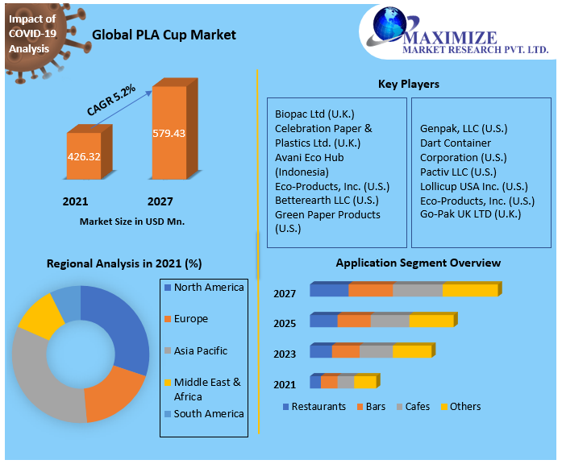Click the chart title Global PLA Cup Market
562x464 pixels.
(x=164, y=35)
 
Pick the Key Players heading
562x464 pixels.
(x=408, y=84)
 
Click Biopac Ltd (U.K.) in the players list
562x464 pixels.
(x=314, y=114)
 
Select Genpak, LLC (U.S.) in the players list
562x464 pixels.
(x=464, y=128)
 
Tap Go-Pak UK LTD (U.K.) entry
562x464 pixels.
(x=470, y=214)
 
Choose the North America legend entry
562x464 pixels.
(x=208, y=288)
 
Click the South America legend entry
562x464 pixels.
(x=208, y=413)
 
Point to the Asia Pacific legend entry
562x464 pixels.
(x=200, y=350)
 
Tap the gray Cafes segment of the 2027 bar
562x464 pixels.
(x=417, y=290)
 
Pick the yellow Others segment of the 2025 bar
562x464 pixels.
(x=431, y=321)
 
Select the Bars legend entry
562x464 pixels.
(x=376, y=406)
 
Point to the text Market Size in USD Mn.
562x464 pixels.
(x=132, y=221)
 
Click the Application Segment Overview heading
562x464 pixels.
(x=418, y=263)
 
